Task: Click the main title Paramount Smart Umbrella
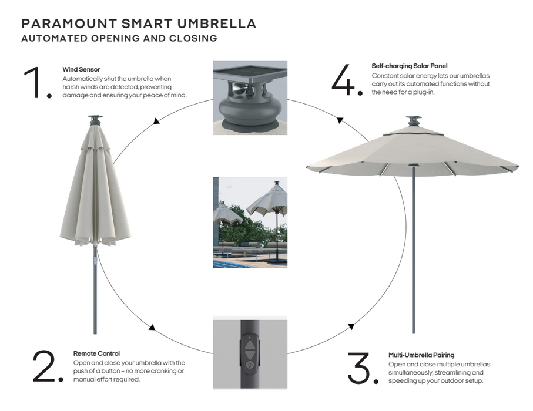(139, 24)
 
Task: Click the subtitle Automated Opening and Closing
(119, 39)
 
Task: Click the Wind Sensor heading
(81, 70)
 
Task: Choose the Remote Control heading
(96, 353)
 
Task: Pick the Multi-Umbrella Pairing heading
(421, 355)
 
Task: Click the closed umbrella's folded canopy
(95, 194)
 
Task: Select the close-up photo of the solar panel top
(250, 97)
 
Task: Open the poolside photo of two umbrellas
(250, 223)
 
